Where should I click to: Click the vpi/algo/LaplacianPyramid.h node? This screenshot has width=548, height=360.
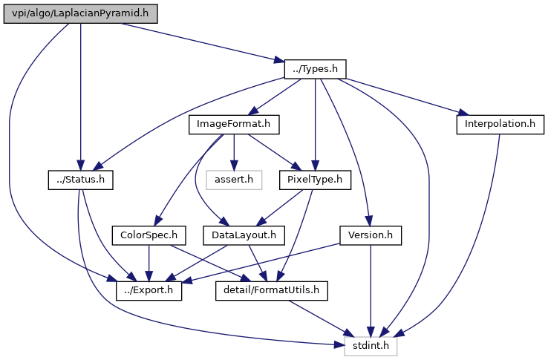(80, 14)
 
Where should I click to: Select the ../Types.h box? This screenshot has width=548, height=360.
(316, 69)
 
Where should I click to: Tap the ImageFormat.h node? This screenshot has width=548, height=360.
(234, 125)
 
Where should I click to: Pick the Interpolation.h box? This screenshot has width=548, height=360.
(500, 125)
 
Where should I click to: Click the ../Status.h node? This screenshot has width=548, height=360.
(80, 180)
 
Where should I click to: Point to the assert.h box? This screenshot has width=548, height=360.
(234, 180)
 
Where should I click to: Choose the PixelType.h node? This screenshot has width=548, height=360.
(315, 180)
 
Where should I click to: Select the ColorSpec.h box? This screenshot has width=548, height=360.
(149, 235)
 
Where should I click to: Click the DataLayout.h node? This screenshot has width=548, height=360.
(244, 235)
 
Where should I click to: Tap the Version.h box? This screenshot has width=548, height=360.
(371, 235)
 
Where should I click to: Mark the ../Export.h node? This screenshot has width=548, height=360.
(149, 290)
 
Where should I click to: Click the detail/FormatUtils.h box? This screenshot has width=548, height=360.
(272, 290)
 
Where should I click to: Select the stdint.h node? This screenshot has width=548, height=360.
(371, 346)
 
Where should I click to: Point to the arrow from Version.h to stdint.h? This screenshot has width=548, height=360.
(371, 291)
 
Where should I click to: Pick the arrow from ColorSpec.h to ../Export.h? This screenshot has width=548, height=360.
(149, 263)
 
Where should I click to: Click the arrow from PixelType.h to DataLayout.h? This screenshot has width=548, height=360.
(280, 208)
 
